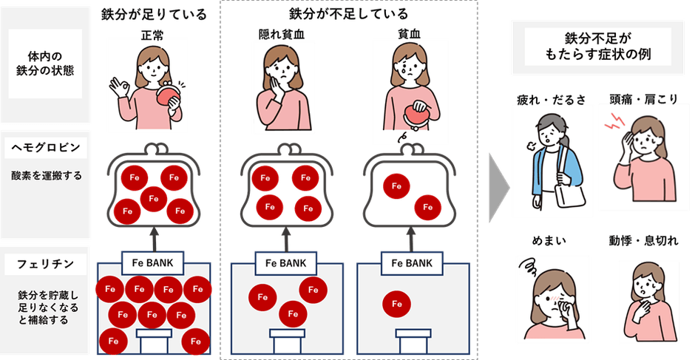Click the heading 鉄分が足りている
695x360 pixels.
tap(153, 13)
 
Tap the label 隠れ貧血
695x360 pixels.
tap(276, 33)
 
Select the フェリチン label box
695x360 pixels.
tap(46, 263)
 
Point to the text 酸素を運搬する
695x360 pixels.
tap(46, 176)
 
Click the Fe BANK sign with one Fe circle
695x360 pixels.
tap(406, 262)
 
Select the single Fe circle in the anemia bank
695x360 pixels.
tap(396, 304)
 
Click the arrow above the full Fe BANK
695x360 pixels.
tap(153, 238)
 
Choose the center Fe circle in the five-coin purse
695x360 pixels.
tap(153, 197)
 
